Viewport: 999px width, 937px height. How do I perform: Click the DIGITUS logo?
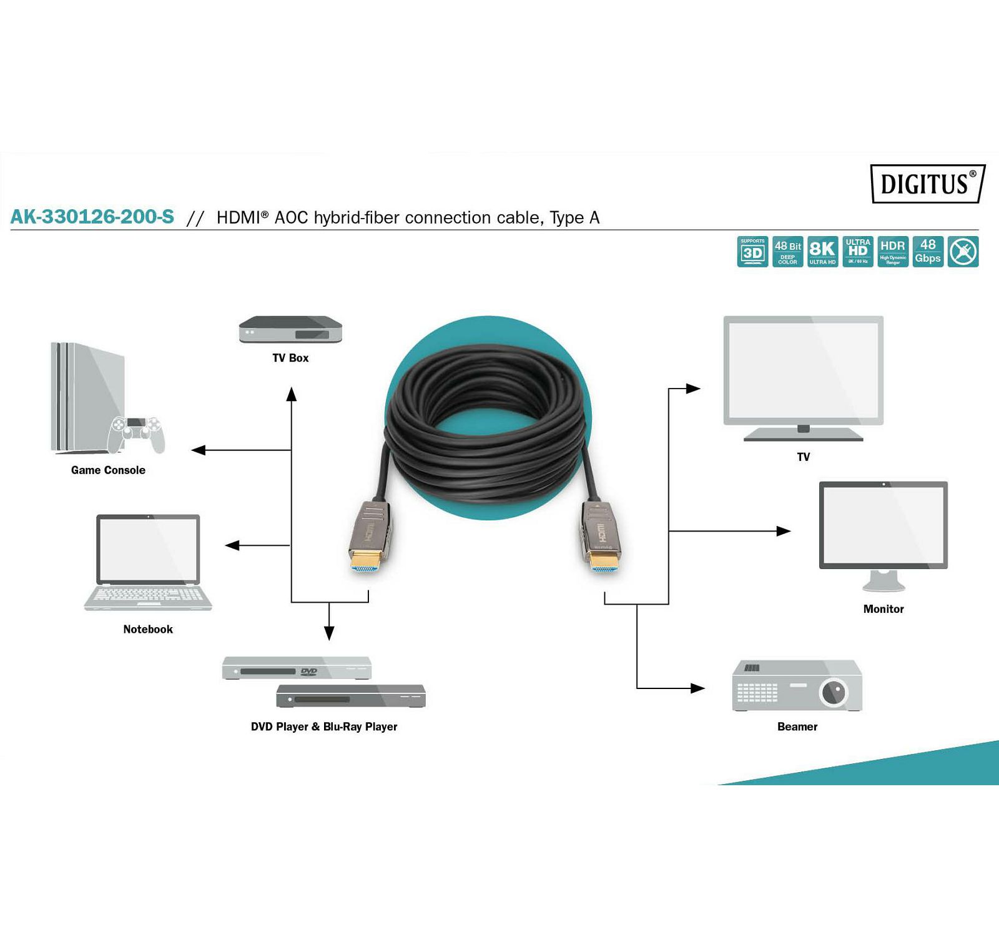click(927, 184)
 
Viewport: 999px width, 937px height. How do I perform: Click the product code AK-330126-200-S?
click(92, 217)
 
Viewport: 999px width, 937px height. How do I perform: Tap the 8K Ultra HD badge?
click(822, 252)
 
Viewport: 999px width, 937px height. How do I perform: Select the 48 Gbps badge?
click(928, 252)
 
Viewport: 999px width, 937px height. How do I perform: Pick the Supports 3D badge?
click(752, 252)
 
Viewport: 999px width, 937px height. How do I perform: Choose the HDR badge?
click(893, 252)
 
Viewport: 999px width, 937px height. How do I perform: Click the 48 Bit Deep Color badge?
click(787, 252)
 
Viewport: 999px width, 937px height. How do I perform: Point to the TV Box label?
click(290, 358)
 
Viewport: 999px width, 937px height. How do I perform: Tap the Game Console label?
click(108, 470)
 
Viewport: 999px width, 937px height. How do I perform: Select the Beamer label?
click(797, 726)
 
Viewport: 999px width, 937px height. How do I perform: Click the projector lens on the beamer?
click(833, 692)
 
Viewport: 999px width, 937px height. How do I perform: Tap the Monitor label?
click(883, 609)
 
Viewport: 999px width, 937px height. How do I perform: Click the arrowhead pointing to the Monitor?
click(784, 531)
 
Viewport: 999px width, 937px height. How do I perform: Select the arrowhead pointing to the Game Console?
click(199, 450)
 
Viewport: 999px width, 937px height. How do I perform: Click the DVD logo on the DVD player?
click(309, 672)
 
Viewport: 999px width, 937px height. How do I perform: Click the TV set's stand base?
click(804, 438)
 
